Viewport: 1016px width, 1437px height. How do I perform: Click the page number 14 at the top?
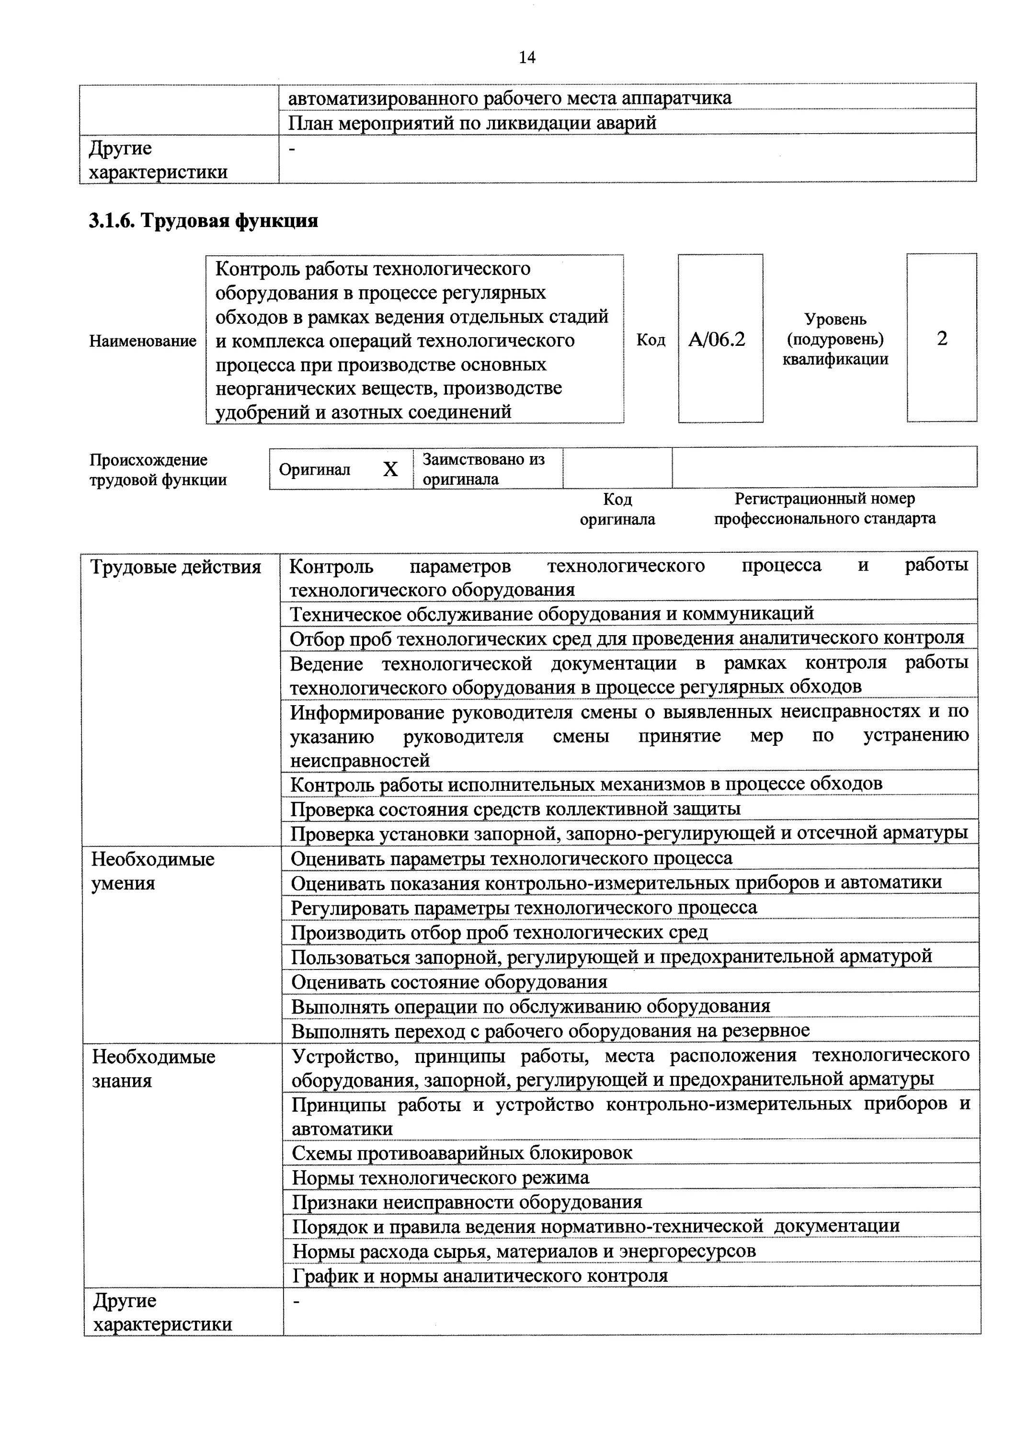tap(527, 57)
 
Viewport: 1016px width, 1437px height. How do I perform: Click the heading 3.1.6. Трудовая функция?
tap(204, 221)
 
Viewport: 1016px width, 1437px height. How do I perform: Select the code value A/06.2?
tap(718, 340)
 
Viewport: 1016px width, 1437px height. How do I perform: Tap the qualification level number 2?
tap(941, 339)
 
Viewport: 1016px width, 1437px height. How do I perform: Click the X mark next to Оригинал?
tap(390, 469)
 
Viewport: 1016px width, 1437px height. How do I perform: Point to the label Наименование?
tap(143, 341)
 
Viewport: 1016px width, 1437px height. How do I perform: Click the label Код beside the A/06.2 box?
tap(651, 340)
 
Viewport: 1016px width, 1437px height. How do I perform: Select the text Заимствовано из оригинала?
tap(483, 469)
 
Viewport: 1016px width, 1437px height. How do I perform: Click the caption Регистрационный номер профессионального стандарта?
tap(824, 508)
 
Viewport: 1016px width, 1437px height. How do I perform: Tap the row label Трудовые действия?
tap(176, 568)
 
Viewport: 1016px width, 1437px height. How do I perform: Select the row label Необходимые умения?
tap(153, 871)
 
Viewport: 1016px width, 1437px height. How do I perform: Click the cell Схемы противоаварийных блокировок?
tap(462, 1153)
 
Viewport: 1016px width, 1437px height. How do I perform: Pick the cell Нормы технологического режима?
tap(441, 1178)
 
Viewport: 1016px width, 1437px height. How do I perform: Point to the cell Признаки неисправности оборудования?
tap(467, 1202)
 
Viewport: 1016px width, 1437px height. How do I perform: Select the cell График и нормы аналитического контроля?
tap(480, 1276)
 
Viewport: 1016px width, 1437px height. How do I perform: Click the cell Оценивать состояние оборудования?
tap(449, 981)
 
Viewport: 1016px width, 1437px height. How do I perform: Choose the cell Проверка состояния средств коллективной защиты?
tap(515, 809)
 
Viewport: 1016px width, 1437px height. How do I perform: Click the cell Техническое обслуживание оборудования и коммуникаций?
tap(551, 613)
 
